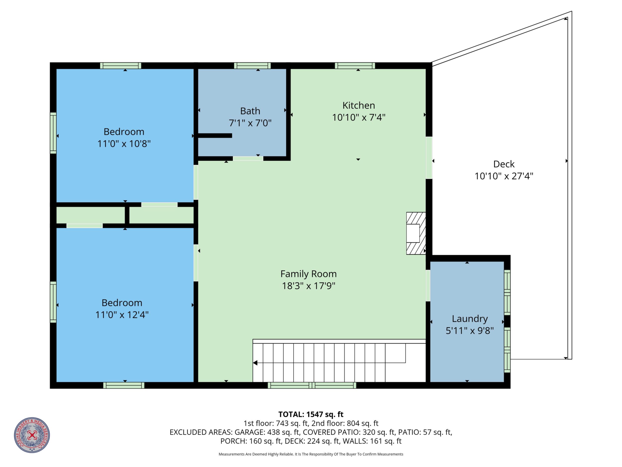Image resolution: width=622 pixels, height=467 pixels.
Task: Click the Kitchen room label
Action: [x=359, y=106]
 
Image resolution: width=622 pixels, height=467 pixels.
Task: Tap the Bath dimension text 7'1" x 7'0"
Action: [x=250, y=123]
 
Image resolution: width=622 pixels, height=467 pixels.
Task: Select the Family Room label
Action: [x=309, y=274]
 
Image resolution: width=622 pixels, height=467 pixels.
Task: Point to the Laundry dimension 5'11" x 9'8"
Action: [x=469, y=331]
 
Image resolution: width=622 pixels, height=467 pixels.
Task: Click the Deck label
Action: [x=504, y=164]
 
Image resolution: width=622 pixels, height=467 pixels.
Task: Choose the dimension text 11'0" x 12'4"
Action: [x=122, y=315]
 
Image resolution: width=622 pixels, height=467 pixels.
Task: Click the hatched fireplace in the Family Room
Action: [x=416, y=233]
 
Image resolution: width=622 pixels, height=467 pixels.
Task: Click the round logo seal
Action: [x=32, y=435]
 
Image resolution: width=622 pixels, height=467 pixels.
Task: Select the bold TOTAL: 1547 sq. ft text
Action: [x=311, y=414]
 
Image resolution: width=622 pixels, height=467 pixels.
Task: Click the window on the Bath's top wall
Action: [x=252, y=66]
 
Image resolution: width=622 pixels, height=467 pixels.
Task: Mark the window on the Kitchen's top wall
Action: [x=355, y=66]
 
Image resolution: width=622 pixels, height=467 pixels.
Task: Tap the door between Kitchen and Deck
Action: [x=429, y=158]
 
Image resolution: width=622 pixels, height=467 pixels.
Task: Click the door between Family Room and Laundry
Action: [x=428, y=286]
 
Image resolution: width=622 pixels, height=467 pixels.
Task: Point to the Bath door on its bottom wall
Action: [x=248, y=158]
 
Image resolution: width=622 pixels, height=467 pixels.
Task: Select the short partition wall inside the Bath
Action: [x=215, y=136]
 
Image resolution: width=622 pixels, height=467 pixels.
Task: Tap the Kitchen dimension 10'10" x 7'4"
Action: [x=359, y=117]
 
